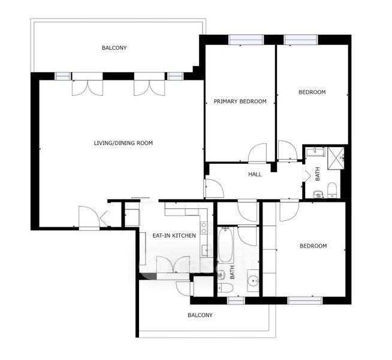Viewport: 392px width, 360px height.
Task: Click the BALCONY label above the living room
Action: (114, 47)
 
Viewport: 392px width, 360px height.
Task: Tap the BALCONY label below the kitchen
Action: (200, 315)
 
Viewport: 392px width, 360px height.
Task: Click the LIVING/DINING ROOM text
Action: (123, 143)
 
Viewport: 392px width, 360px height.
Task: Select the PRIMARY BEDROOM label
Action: (240, 101)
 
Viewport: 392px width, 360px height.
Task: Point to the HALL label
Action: (255, 174)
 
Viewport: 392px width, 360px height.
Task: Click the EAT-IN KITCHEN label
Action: (174, 235)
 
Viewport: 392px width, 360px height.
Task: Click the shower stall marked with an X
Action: (336, 158)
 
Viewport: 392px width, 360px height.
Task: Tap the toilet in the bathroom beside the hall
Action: (332, 190)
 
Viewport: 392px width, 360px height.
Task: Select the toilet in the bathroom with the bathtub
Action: (225, 287)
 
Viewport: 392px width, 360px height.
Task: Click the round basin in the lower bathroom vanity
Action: (254, 280)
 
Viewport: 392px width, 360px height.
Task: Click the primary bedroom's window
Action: (246, 40)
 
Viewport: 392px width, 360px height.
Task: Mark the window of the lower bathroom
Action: (236, 301)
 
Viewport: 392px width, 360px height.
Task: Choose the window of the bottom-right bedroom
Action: (304, 301)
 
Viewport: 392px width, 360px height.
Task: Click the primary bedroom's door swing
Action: (258, 153)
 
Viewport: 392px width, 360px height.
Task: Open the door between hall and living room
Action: (214, 188)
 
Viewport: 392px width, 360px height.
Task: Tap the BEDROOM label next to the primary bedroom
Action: (312, 92)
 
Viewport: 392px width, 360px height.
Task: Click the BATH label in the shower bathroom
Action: (318, 174)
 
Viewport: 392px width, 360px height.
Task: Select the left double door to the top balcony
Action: (88, 88)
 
